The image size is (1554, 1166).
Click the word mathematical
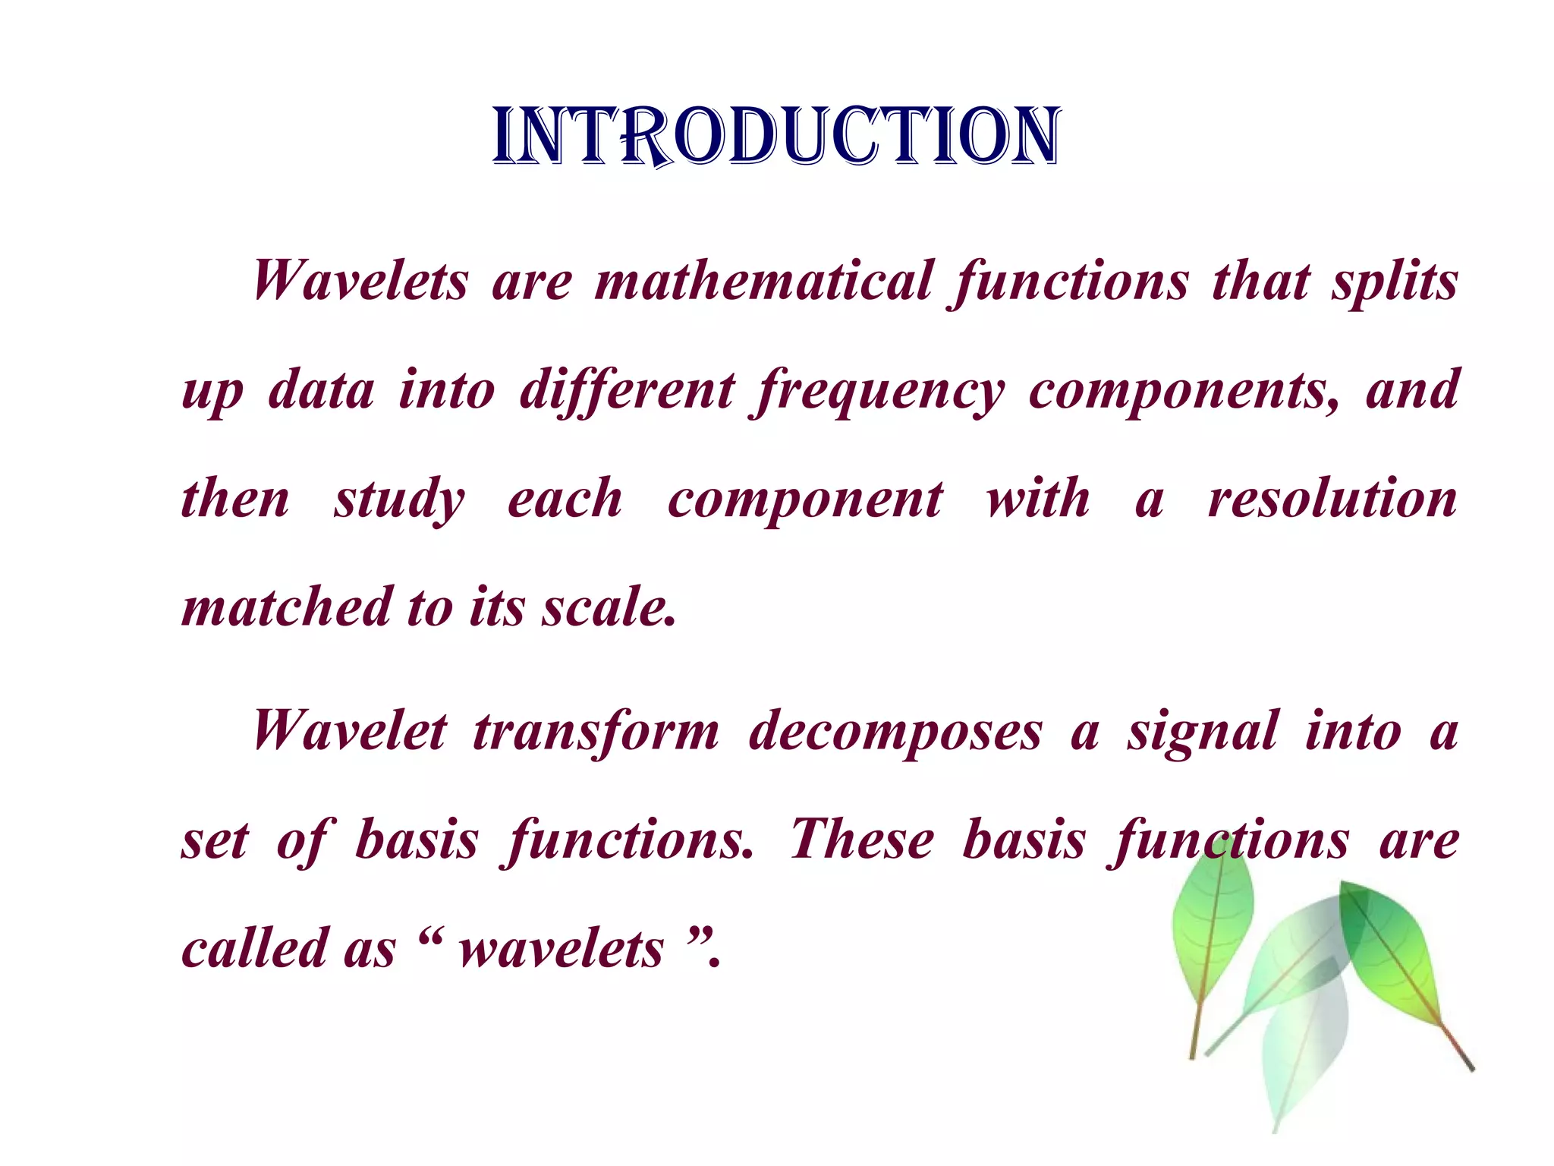click(x=763, y=281)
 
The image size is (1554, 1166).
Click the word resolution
click(x=1332, y=499)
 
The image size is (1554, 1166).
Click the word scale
click(x=607, y=607)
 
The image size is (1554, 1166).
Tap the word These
click(x=861, y=840)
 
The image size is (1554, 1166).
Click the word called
click(x=254, y=949)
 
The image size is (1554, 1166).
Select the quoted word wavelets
click(x=562, y=949)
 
